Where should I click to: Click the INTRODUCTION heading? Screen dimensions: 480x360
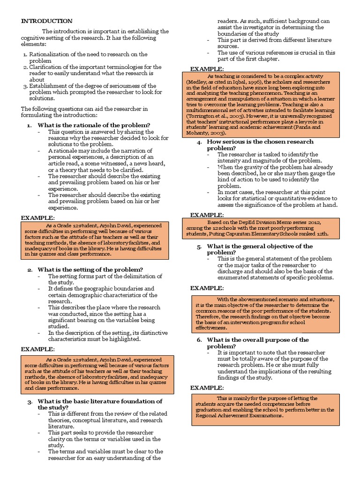click(x=47, y=21)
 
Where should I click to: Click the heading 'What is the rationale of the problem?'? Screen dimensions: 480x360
click(x=94, y=125)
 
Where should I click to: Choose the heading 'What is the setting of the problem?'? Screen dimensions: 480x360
click(x=90, y=270)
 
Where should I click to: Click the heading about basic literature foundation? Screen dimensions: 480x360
click(x=100, y=401)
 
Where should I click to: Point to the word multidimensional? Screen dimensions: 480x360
click(x=208, y=109)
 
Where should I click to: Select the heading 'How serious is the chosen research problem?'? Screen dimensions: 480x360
click(x=260, y=142)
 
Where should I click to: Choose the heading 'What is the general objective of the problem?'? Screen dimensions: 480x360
click(x=260, y=246)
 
